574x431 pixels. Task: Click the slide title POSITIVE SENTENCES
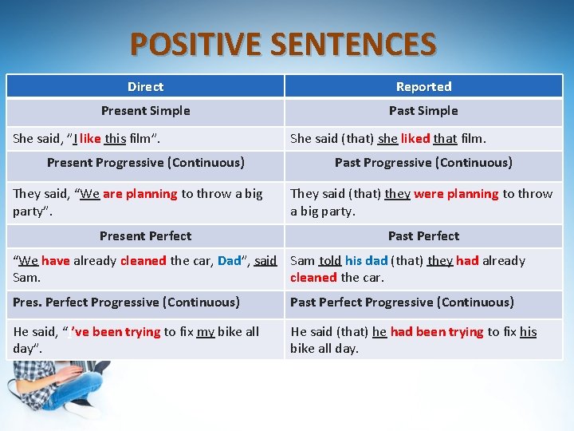(x=283, y=44)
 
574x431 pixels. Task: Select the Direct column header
(x=145, y=86)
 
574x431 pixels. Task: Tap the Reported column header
(x=423, y=86)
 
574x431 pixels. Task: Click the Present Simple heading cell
(x=145, y=110)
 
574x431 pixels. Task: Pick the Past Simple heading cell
(x=423, y=110)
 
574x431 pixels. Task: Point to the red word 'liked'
(x=415, y=138)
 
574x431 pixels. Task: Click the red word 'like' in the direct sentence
(x=90, y=138)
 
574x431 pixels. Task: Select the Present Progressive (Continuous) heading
(x=145, y=162)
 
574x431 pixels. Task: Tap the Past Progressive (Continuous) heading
(x=423, y=162)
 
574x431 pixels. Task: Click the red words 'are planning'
(x=140, y=193)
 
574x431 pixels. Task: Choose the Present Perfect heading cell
(x=145, y=235)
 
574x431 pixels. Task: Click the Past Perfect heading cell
(x=423, y=235)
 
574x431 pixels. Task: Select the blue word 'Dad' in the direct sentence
(x=229, y=260)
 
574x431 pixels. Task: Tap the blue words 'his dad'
(x=366, y=260)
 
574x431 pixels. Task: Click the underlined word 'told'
(x=330, y=260)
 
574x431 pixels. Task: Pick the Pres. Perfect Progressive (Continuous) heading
(x=126, y=302)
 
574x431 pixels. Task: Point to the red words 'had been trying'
(x=437, y=331)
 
